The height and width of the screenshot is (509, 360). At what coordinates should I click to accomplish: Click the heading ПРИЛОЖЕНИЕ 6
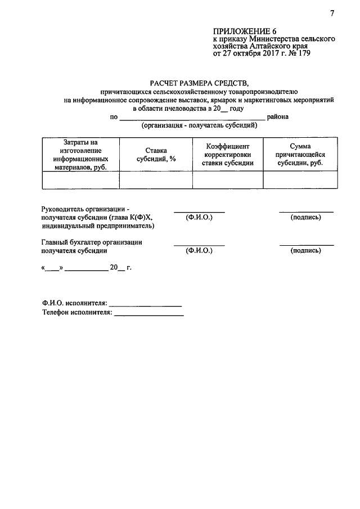[245, 31]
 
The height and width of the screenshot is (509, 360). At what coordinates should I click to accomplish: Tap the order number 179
[302, 55]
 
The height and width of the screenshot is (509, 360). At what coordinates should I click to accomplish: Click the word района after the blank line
[278, 117]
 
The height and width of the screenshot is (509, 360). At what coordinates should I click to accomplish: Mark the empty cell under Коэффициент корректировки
[227, 179]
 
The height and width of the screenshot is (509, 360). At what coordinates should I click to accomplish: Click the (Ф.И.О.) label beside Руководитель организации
[199, 217]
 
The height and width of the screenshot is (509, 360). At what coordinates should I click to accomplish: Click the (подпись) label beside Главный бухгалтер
[305, 251]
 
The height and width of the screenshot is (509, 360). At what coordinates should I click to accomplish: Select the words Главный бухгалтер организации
[92, 242]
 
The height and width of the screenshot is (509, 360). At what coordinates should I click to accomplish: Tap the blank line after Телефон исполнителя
[148, 313]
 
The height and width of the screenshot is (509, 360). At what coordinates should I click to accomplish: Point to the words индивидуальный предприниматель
[98, 226]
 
